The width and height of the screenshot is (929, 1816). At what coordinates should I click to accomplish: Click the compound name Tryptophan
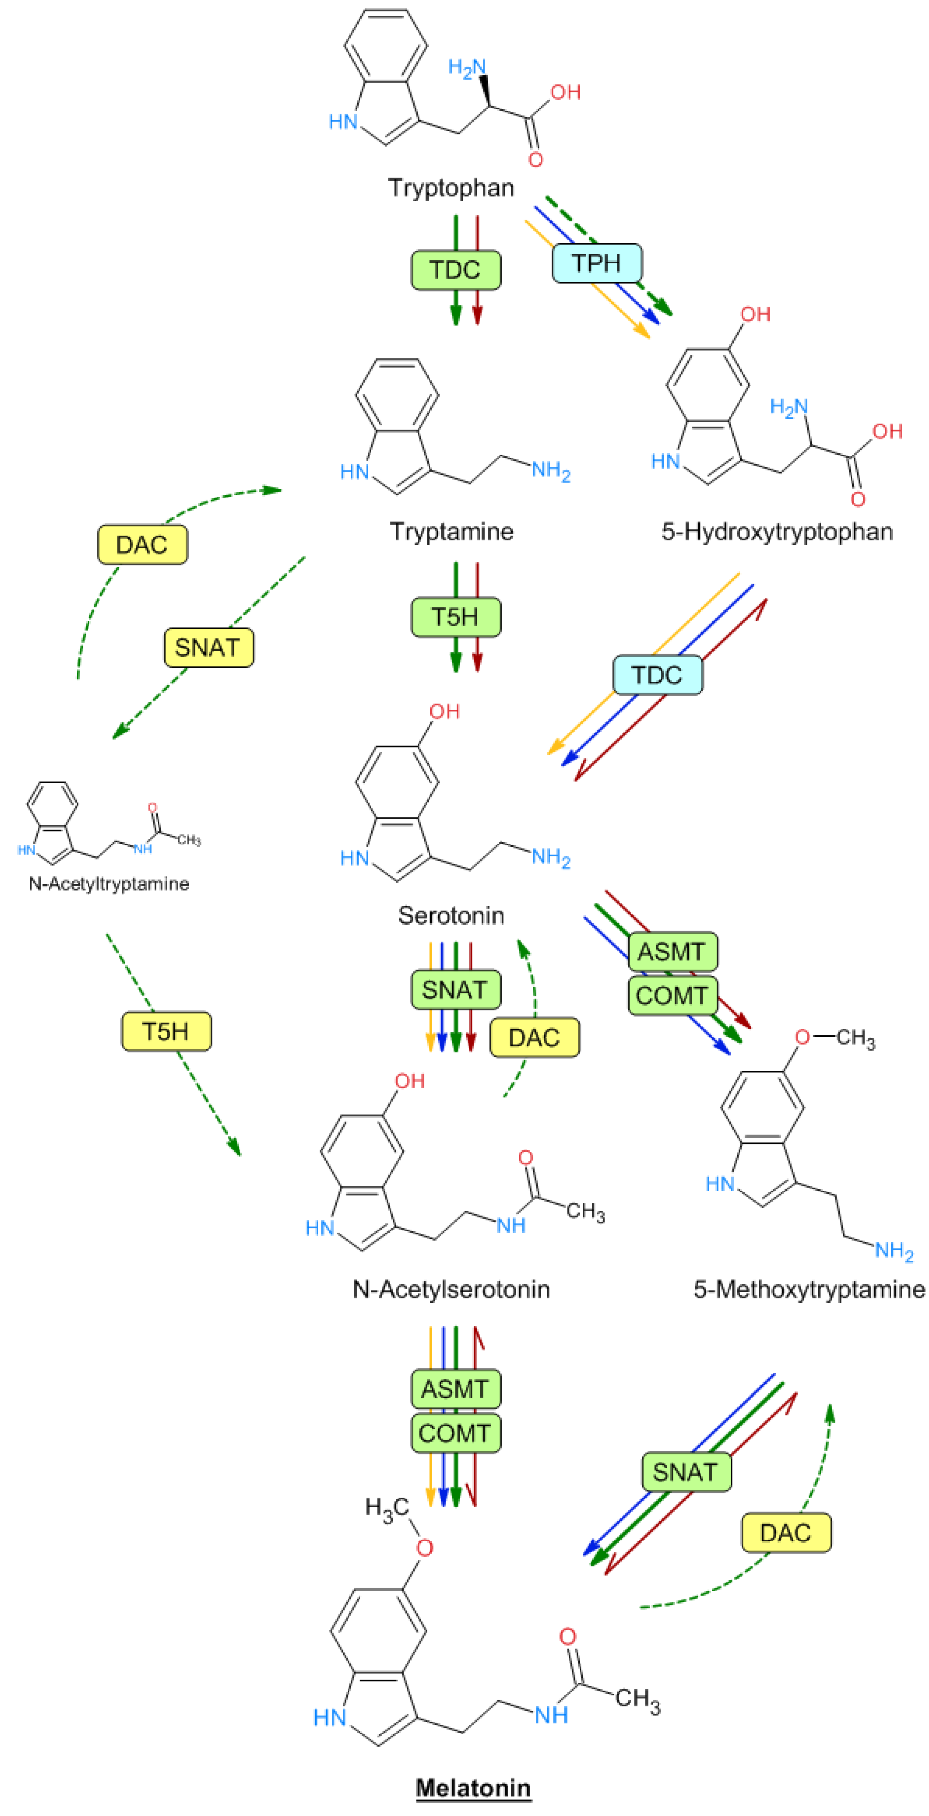(x=451, y=187)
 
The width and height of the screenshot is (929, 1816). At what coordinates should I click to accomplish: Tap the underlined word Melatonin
(x=473, y=1787)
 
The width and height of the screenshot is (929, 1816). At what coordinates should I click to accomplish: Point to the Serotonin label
(x=451, y=915)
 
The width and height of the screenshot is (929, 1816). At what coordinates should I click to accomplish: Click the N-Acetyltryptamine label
(x=109, y=883)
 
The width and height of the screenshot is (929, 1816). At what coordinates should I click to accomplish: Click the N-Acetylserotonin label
(x=451, y=1289)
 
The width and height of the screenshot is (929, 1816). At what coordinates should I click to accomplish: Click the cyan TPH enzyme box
(x=597, y=263)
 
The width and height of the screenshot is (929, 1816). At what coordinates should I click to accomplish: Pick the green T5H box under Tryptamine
(x=456, y=617)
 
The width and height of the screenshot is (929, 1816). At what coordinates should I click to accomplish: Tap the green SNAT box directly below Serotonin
(x=456, y=990)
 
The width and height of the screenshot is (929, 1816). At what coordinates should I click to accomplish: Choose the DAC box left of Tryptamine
(x=142, y=544)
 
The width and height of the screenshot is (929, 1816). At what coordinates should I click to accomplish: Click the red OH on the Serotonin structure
(x=444, y=711)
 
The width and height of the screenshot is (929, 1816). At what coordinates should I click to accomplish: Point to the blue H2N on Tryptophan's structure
(x=467, y=68)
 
